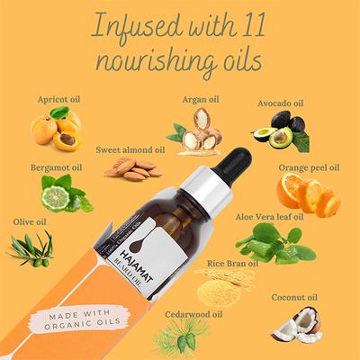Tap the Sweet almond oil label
tap(130, 148)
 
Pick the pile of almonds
tap(133, 168)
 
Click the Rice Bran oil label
tap(232, 264)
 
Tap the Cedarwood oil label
tap(193, 314)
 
